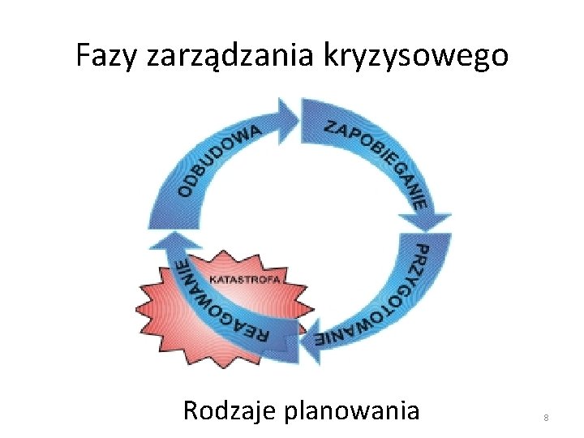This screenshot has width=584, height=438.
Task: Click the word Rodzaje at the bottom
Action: (230, 410)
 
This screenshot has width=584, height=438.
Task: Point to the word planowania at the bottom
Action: (352, 410)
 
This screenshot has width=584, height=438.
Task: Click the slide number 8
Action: (546, 417)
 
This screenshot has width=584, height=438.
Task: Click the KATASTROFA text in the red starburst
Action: (245, 279)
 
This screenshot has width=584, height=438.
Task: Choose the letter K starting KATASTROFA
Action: (213, 279)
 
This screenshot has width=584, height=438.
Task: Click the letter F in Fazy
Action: (83, 56)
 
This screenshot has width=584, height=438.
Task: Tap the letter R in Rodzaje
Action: (191, 410)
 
